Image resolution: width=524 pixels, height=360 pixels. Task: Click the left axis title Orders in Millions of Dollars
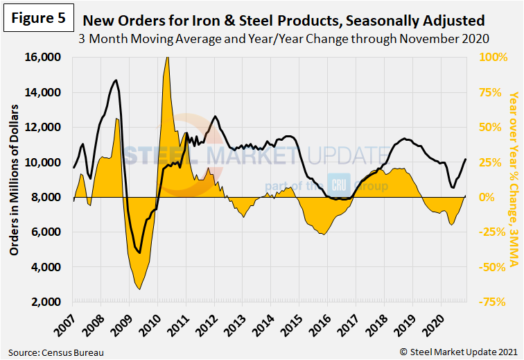coord(14,180)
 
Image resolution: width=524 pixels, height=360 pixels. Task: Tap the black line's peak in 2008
coord(115,80)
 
